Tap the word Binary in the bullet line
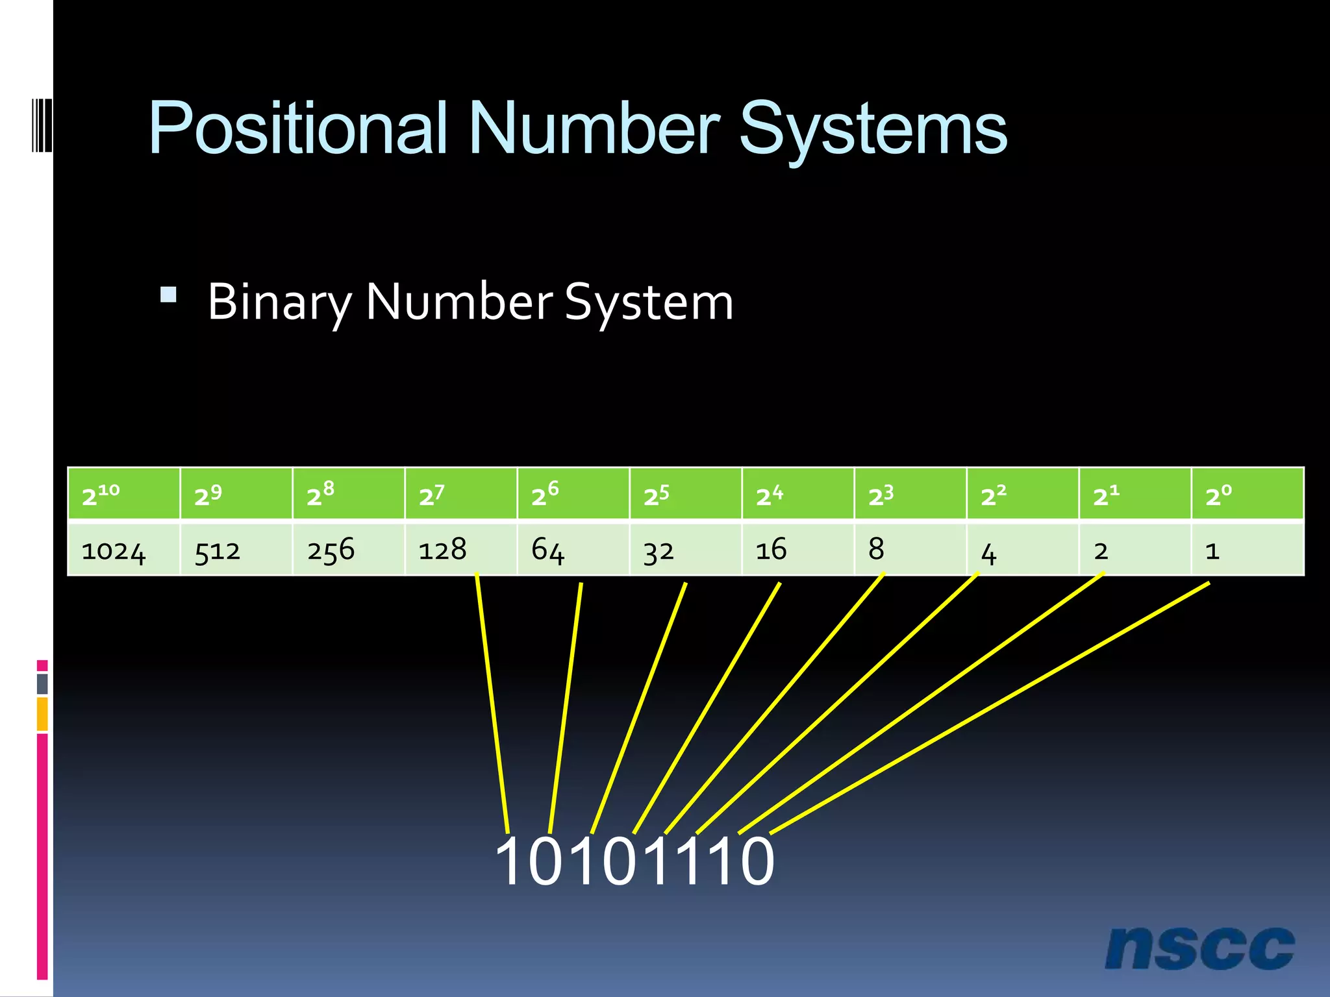tap(279, 302)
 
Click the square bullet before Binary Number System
tap(168, 295)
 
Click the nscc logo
tap(1199, 948)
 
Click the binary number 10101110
tap(634, 861)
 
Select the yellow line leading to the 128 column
tap(492, 704)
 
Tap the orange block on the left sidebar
tap(42, 713)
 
